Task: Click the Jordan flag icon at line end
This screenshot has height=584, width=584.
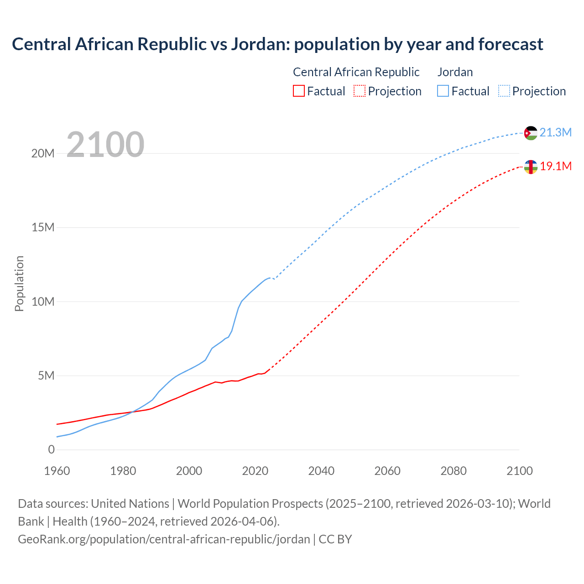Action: [x=531, y=133]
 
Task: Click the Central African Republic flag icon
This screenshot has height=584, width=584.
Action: [x=531, y=167]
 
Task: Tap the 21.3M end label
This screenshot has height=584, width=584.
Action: [x=555, y=133]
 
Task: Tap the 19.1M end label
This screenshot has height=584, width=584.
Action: [x=556, y=167]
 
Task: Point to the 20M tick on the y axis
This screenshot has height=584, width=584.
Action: [x=43, y=153]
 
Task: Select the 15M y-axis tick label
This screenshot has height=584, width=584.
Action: [x=43, y=228]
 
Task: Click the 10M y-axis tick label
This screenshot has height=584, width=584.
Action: [x=43, y=302]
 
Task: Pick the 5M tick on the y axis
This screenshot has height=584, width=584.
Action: [x=46, y=376]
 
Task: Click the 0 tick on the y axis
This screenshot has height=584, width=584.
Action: [x=51, y=450]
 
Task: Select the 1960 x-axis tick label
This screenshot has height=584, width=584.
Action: [x=57, y=471]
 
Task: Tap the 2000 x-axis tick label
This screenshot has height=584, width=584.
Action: [x=189, y=471]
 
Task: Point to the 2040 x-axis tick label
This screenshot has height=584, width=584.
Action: [x=321, y=471]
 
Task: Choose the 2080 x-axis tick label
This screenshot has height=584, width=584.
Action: [x=453, y=471]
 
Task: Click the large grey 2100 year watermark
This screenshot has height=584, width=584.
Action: [x=105, y=145]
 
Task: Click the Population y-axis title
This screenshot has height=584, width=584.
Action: [x=19, y=283]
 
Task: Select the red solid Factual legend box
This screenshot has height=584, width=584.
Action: [x=298, y=91]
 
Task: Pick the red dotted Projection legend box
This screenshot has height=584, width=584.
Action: [x=360, y=91]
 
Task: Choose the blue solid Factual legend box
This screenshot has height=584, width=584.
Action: [x=443, y=91]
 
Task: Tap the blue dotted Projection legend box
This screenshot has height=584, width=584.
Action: [x=504, y=91]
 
